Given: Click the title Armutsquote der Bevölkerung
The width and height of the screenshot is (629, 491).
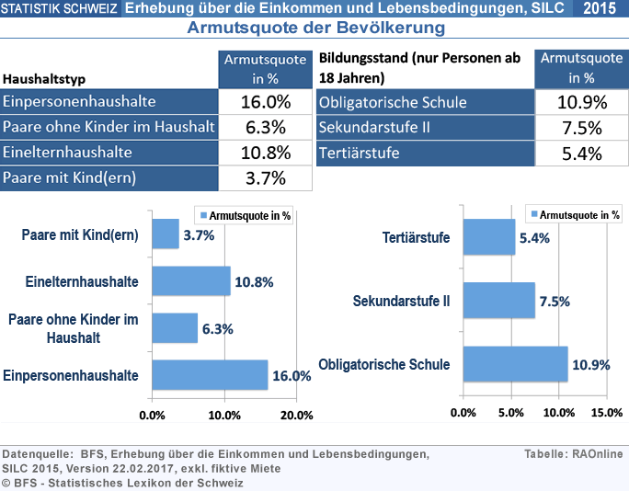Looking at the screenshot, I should [x=315, y=28].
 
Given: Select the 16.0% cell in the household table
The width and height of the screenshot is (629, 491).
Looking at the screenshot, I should [x=265, y=101].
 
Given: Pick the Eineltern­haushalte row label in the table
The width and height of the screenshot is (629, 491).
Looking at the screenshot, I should [x=68, y=152].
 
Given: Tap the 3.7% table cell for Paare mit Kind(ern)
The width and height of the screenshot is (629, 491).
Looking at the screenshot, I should [x=265, y=177].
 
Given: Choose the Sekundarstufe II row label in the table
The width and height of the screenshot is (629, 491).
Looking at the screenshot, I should [x=375, y=127].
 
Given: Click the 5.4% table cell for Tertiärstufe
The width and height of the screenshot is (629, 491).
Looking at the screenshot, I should [x=580, y=153].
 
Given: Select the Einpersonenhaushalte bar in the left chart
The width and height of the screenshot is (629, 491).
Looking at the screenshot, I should [x=209, y=375].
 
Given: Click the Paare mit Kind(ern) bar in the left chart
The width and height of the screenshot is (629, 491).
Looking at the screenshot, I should [x=166, y=234].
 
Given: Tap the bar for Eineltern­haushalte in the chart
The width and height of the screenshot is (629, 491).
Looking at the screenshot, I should [x=190, y=281].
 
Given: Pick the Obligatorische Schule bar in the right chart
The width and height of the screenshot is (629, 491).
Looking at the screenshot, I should [x=515, y=364].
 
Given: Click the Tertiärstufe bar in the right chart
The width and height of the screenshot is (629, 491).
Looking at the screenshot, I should [x=489, y=237].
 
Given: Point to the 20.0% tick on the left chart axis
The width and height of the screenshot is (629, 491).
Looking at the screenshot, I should [x=296, y=415].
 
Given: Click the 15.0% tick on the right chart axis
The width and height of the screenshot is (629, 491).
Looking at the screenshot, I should [x=608, y=413].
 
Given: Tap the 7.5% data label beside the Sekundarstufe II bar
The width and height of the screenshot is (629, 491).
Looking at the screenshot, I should [x=555, y=301].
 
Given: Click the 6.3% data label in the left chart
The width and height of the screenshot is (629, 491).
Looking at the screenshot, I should [x=217, y=328].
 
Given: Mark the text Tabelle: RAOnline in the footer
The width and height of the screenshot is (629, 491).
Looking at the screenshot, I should [x=573, y=453].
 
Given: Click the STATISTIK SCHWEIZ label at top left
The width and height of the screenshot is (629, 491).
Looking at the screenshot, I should [x=59, y=9].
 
